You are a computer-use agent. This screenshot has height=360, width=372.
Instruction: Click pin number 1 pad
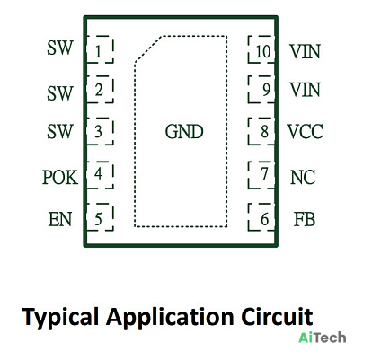(100, 49)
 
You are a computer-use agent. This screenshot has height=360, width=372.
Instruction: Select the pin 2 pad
(100, 90)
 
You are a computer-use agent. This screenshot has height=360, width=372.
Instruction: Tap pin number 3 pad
(100, 131)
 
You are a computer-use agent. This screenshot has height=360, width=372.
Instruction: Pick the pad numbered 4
(100, 175)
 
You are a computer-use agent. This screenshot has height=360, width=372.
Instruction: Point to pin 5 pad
(100, 217)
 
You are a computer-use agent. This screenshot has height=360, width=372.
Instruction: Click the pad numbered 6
(261, 217)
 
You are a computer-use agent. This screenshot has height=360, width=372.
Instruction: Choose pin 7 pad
(261, 175)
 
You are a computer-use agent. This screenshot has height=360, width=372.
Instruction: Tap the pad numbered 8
(261, 131)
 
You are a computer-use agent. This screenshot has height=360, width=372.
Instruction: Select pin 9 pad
(261, 90)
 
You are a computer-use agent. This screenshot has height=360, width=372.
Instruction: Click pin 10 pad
(261, 49)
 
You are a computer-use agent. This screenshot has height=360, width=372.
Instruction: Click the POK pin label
(60, 177)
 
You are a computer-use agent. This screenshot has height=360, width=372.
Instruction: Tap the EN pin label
(60, 219)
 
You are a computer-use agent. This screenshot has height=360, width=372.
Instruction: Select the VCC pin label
(306, 131)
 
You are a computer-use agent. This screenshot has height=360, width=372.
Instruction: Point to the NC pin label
(303, 177)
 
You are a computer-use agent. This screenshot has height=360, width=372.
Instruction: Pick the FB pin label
(305, 219)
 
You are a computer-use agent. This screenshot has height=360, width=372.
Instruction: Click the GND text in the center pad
(184, 132)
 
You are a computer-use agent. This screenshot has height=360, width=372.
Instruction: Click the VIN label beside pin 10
(305, 51)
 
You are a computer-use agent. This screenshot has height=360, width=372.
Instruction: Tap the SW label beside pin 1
(60, 48)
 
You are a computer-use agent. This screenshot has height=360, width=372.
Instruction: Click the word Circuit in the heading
(277, 317)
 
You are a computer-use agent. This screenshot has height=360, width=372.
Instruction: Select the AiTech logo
(323, 338)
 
